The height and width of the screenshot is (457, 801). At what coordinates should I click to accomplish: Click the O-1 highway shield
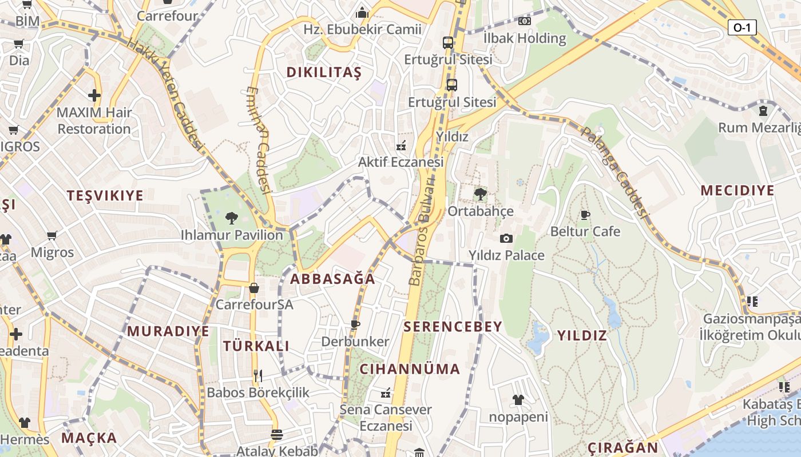point(742,27)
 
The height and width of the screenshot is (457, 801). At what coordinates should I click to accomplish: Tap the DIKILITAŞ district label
point(324,73)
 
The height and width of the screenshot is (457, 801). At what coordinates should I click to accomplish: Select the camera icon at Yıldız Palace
point(506,238)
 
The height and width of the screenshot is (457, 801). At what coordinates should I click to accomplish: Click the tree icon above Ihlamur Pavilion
point(232,218)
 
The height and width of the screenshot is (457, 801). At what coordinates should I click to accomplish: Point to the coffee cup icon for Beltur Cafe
point(585,215)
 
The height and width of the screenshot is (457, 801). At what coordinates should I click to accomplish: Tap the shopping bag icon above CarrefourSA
point(254,288)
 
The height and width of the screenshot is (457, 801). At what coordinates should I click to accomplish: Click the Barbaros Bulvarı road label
point(422,229)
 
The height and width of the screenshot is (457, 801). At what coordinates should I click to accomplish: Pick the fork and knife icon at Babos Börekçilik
point(258,375)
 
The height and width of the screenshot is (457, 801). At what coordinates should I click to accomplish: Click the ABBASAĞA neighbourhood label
point(332,279)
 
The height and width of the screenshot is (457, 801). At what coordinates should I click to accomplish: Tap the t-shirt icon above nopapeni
point(518,400)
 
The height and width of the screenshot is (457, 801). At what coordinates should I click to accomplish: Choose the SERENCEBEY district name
point(453,327)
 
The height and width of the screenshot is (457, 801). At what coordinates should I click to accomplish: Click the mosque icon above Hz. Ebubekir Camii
point(362,13)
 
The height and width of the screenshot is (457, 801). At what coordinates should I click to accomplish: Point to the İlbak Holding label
point(524,38)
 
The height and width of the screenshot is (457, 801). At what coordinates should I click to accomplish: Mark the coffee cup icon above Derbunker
point(355,325)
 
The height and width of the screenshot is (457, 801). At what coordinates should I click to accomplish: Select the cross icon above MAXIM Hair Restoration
point(94,95)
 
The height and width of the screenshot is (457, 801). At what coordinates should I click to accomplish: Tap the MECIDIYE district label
point(737,191)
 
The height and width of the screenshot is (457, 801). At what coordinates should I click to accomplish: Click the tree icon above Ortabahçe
point(481,194)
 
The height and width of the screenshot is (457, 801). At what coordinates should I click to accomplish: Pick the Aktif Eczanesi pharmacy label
point(400,162)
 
